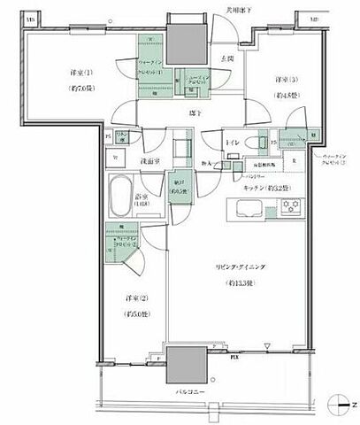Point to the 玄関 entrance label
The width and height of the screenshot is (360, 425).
226,59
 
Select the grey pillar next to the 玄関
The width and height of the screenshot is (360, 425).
188,39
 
